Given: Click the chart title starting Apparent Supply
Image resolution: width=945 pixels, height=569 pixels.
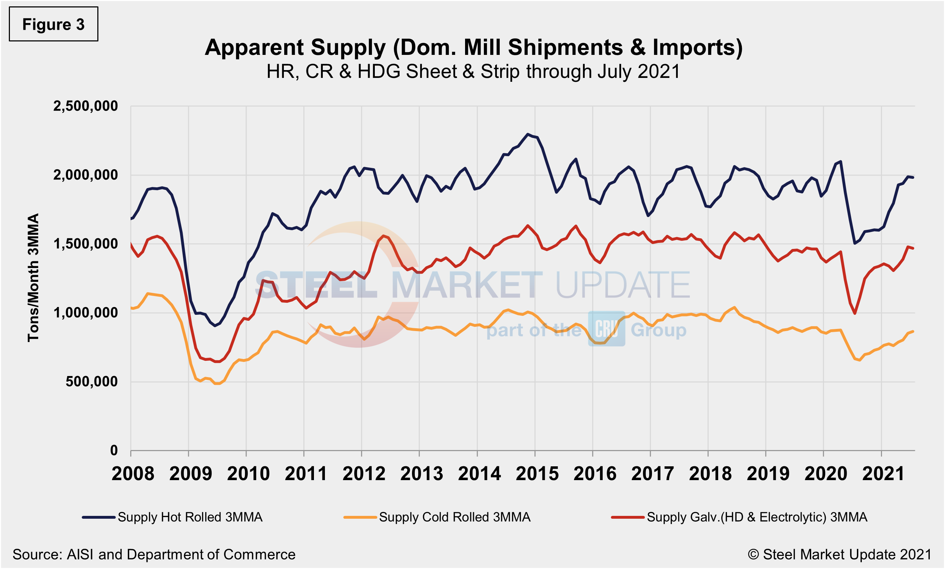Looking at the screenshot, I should pyautogui.click(x=474, y=47).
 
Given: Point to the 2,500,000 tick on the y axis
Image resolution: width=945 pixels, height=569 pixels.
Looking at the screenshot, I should pyautogui.click(x=85, y=106).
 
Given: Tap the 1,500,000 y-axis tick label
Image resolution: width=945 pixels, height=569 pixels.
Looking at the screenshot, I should pyautogui.click(x=85, y=244).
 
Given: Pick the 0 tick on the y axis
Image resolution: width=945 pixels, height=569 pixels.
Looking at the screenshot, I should pyautogui.click(x=114, y=450).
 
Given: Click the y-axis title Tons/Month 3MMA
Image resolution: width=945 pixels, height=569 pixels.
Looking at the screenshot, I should pyautogui.click(x=34, y=278).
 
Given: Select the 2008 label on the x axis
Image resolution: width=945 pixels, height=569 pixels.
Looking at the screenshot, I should pyautogui.click(x=133, y=474).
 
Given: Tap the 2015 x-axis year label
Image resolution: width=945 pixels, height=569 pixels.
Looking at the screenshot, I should pyautogui.click(x=537, y=474).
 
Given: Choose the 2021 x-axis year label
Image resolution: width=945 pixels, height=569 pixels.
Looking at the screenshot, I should pyautogui.click(x=883, y=474).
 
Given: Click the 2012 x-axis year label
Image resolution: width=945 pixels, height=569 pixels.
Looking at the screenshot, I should pyautogui.click(x=364, y=474).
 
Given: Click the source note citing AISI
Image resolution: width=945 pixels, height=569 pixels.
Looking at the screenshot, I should pyautogui.click(x=154, y=554).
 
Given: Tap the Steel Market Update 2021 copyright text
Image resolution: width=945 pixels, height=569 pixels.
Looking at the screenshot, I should pyautogui.click(x=839, y=554).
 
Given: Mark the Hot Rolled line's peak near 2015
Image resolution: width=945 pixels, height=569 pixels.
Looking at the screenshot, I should pyautogui.click(x=528, y=134).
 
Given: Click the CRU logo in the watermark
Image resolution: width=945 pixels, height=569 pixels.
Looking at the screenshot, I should pyautogui.click(x=607, y=329).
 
